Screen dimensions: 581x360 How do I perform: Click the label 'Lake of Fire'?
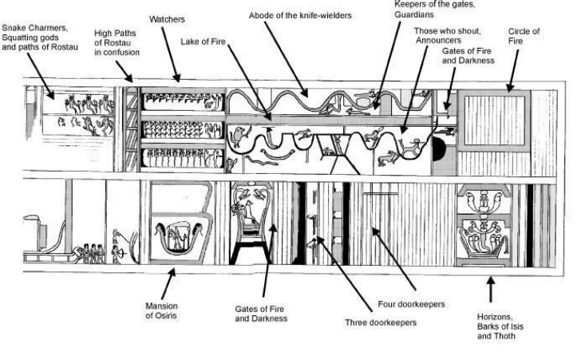pos(203,42)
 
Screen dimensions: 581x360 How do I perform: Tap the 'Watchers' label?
pos(167,19)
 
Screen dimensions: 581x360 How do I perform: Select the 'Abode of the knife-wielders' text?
pos(300,16)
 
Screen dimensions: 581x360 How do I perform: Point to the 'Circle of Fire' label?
pos(524,36)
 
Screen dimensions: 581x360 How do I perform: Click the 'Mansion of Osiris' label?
pos(161,311)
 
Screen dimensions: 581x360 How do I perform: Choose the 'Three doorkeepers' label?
pos(381,322)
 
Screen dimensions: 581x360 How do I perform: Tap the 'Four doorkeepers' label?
pos(411,304)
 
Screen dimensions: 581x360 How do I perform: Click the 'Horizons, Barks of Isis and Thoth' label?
pos(500,326)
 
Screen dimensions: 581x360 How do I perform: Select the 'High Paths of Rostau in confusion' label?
pos(117,42)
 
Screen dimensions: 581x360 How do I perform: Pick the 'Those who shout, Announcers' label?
pos(447,35)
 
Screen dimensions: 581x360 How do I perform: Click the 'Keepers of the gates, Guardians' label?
pos(434,10)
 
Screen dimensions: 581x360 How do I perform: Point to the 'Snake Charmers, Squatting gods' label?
pos(35,33)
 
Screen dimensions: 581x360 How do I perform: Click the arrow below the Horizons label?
pos(491,289)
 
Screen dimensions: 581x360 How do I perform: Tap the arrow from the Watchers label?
pos(171,54)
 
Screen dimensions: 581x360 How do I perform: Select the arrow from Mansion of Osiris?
pos(168,283)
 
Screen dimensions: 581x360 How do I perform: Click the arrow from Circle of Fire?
pos(514,70)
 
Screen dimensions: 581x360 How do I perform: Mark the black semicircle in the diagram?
pos(438,149)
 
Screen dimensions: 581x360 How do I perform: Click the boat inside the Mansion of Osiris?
pos(179,239)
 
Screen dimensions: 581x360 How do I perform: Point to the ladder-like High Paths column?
pos(131,129)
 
